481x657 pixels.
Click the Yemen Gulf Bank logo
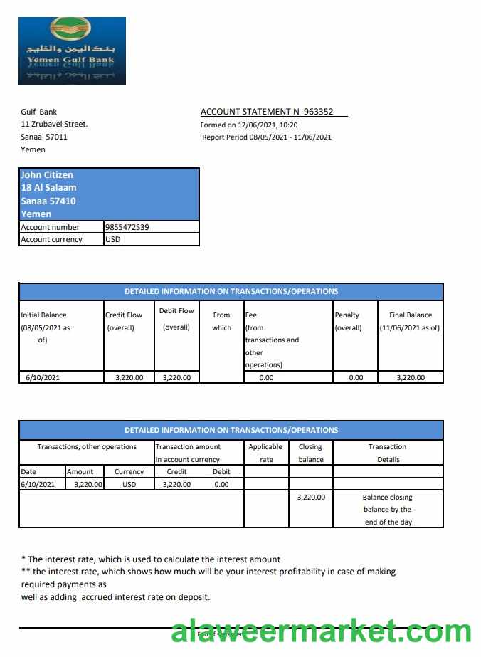tap(72, 51)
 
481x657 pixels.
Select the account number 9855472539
tap(127, 227)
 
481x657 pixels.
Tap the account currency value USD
tap(113, 239)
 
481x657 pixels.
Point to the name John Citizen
tap(47, 174)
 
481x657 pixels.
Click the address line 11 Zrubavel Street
tap(54, 124)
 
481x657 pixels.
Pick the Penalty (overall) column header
tap(347, 321)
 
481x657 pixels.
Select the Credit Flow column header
tap(124, 321)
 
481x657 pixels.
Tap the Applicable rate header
tap(266, 453)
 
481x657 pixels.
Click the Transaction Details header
tap(388, 453)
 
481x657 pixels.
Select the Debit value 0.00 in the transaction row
tap(221, 484)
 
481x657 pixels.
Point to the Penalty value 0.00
tap(356, 377)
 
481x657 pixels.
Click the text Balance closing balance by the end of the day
tap(388, 510)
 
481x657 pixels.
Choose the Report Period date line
tap(267, 137)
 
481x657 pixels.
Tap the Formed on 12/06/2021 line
tap(249, 125)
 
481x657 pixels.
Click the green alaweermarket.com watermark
tap(321, 631)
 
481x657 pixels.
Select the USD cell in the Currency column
tap(129, 484)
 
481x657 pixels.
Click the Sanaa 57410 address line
tap(48, 201)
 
